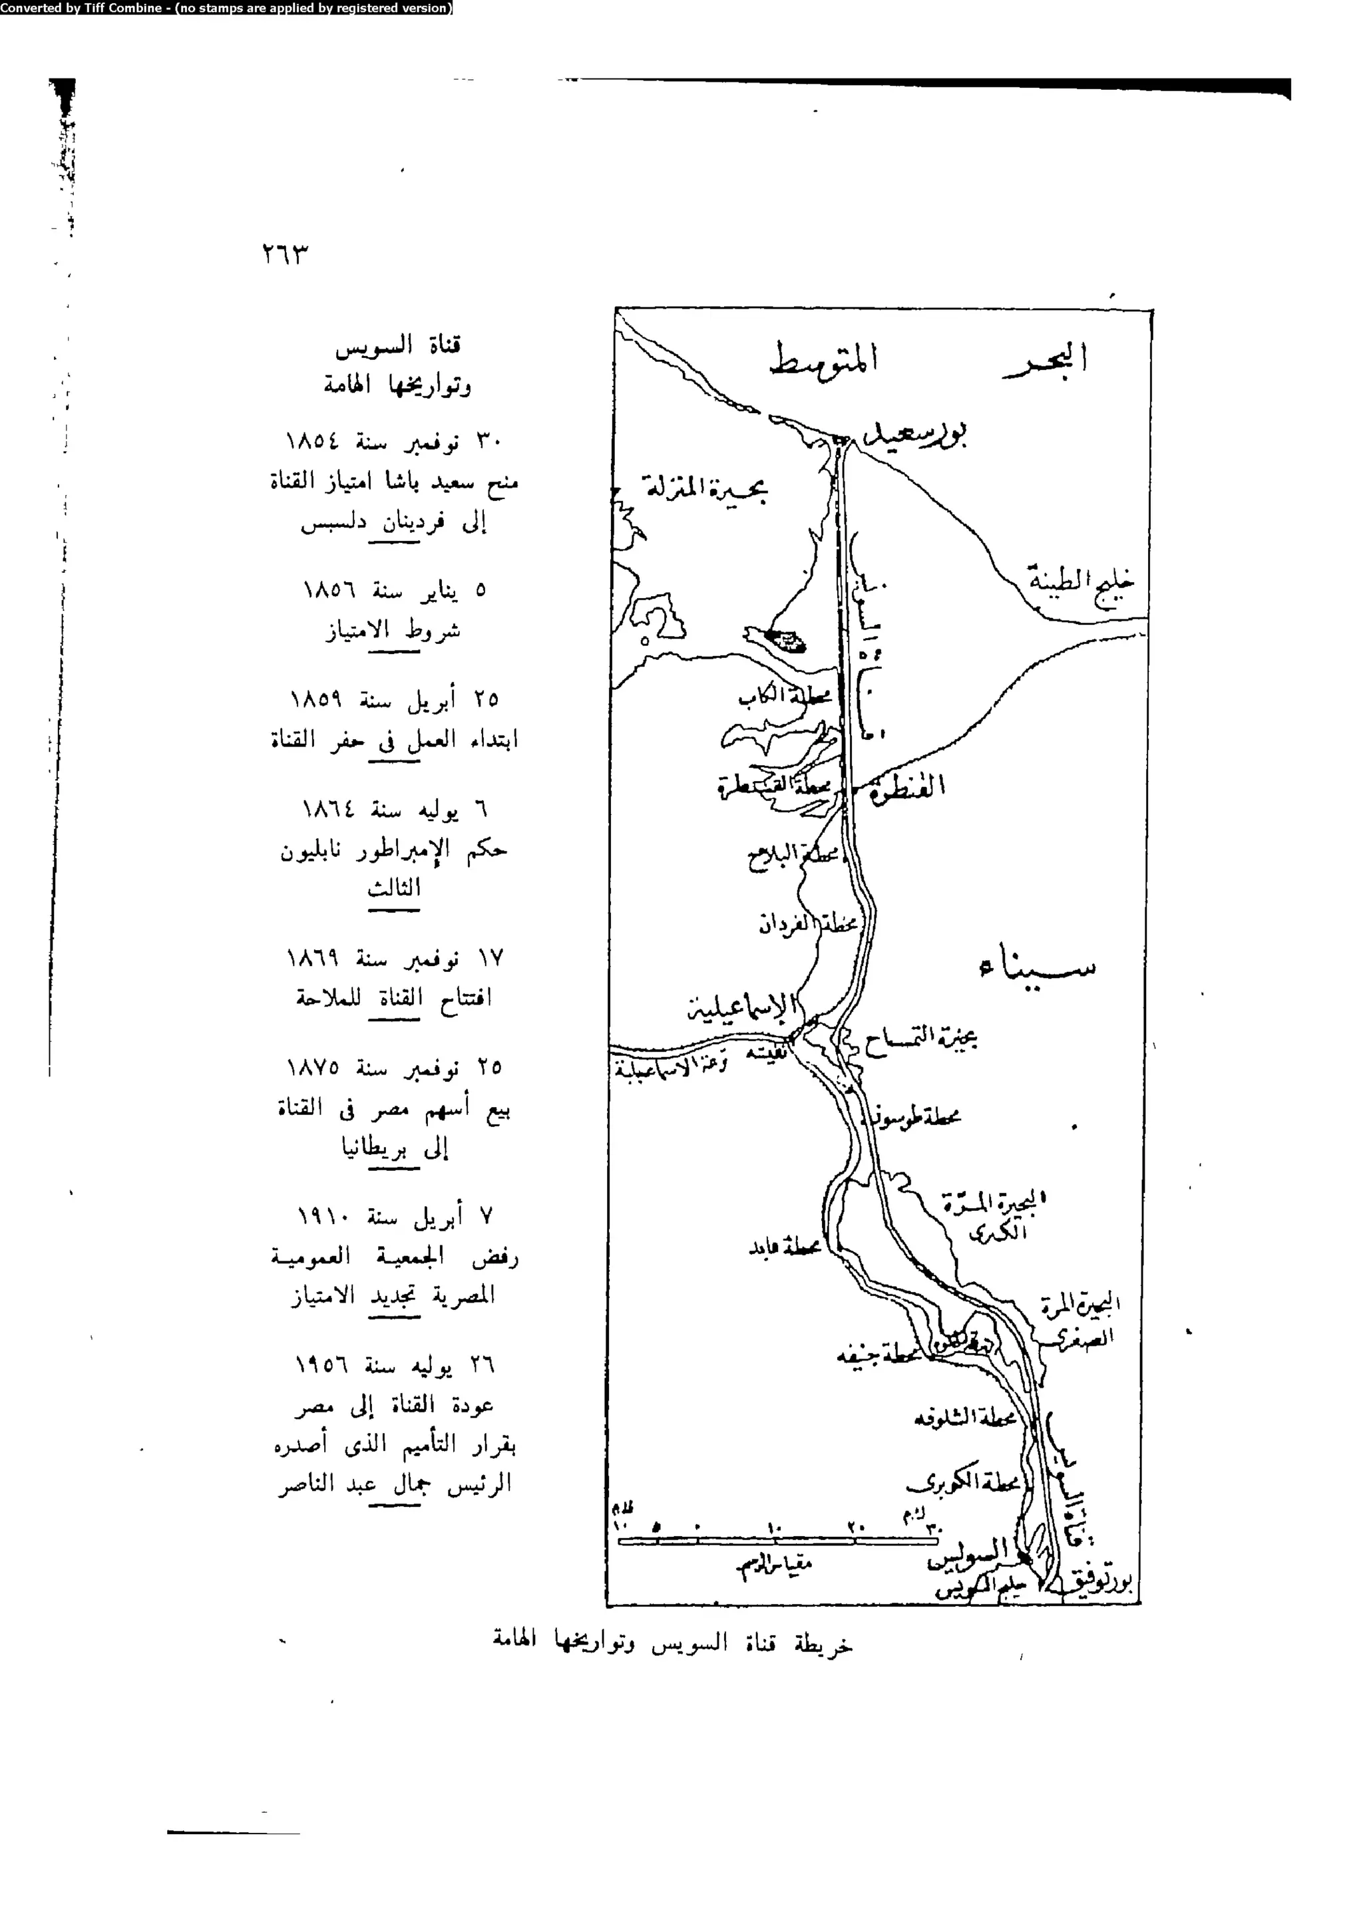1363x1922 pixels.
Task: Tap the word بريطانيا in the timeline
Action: coord(373,1148)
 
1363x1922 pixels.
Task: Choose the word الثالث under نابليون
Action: coord(393,887)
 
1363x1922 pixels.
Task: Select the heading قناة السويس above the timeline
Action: coord(398,345)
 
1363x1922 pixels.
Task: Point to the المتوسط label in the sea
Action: coord(823,361)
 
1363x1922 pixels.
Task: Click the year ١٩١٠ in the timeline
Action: coord(324,1216)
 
